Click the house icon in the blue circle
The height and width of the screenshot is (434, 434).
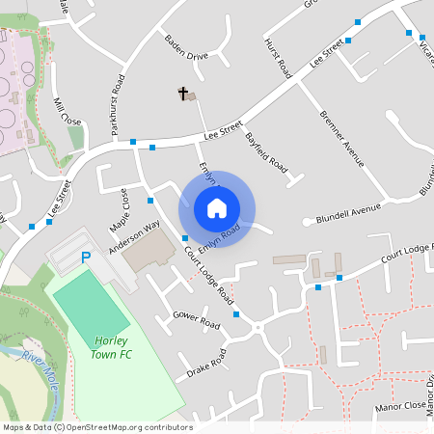point(217,208)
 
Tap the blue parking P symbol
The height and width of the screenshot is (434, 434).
point(86,258)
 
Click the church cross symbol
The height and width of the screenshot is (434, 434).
point(181,94)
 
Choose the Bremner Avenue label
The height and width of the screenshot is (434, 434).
point(343,139)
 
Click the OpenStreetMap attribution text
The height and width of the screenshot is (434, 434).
point(99,427)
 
